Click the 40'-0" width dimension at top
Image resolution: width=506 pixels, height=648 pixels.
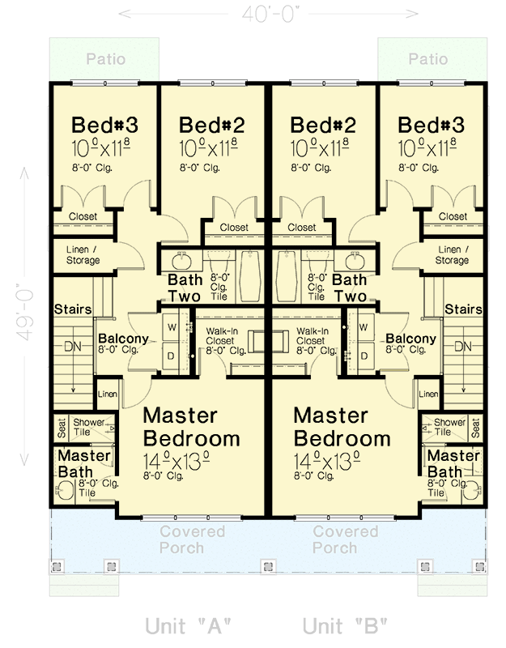click(x=269, y=14)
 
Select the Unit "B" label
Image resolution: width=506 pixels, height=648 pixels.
click(x=345, y=626)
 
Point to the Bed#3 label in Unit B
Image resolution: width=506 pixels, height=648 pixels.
click(x=431, y=126)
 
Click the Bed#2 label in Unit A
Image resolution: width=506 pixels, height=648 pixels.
click(x=212, y=126)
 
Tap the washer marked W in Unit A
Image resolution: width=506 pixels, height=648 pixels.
click(x=172, y=327)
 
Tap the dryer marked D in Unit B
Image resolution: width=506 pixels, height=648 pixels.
click(x=363, y=355)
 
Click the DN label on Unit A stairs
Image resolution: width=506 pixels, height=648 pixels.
click(x=74, y=347)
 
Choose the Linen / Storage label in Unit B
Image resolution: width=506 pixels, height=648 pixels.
click(x=452, y=255)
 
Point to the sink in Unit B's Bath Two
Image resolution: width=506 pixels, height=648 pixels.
click(x=354, y=262)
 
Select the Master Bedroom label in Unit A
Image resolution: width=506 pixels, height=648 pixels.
click(x=191, y=427)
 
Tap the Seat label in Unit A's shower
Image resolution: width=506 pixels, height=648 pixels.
click(x=61, y=427)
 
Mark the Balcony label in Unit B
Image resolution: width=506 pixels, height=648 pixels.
click(x=411, y=339)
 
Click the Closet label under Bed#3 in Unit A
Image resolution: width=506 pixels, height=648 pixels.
click(x=83, y=216)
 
